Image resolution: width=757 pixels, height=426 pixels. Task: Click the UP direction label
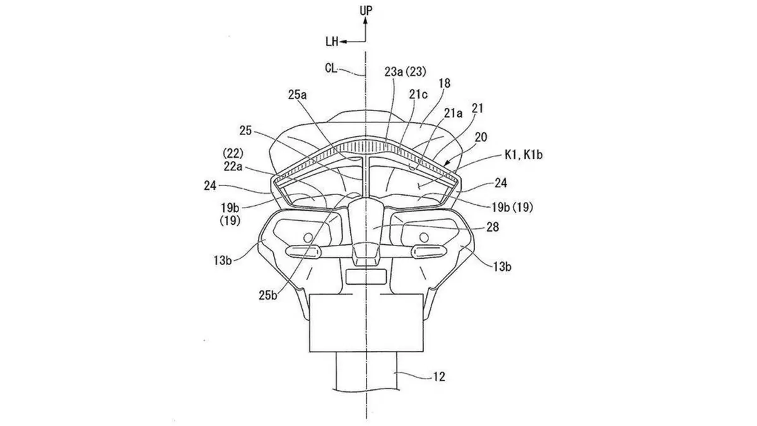coord(366,11)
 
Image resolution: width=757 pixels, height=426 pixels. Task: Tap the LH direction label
coord(332,42)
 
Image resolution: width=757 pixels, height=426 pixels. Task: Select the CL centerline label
coord(331,68)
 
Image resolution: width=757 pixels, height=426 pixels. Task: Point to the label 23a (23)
coord(405,72)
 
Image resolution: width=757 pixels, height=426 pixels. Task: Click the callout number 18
coord(445,83)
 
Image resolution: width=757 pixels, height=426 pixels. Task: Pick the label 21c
coord(418,95)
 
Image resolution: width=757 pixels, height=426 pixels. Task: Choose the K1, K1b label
coord(524,155)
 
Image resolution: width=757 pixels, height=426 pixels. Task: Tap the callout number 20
coord(481,138)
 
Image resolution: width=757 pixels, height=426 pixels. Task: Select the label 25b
coord(268,295)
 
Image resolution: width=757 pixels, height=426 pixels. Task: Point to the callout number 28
coord(493,227)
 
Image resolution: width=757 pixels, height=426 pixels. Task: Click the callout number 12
coord(438,377)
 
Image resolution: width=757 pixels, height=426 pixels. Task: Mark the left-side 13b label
coord(222,260)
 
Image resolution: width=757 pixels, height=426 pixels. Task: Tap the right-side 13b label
coord(502,267)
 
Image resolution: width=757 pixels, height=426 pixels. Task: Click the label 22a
coord(233,167)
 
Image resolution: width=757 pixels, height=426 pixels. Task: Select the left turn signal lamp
coord(303,252)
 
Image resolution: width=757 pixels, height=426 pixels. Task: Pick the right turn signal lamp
coord(429,251)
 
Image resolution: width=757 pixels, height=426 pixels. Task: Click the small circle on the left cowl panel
coord(308,238)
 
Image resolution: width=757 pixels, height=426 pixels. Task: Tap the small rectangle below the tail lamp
coord(366,276)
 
